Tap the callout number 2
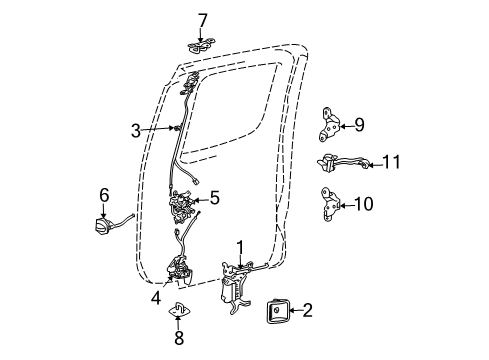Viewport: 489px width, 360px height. [308, 311]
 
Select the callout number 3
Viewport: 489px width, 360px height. [136, 129]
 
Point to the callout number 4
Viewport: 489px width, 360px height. [155, 298]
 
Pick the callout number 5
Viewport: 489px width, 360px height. [213, 198]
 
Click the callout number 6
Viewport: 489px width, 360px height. [103, 195]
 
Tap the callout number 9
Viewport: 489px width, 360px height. [359, 125]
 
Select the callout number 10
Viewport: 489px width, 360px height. [363, 203]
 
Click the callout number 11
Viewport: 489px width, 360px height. [393, 161]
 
